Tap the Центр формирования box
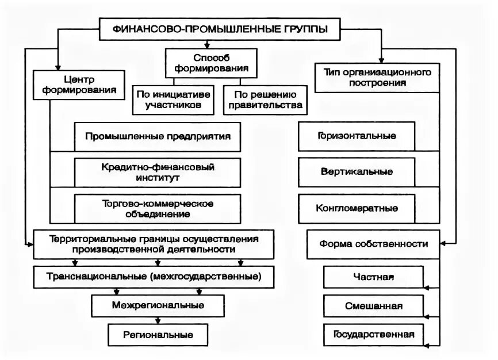tap(78, 85)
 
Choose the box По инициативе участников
tap(173, 100)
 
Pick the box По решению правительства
tap(264, 100)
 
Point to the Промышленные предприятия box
tap(158, 136)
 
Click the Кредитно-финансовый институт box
tap(158, 172)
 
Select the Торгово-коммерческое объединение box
tap(158, 208)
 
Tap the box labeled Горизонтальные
tap(355, 136)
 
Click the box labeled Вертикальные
tap(355, 171)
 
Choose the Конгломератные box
tap(355, 208)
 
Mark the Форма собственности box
tap(373, 244)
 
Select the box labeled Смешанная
tap(373, 305)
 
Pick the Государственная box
tap(373, 334)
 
